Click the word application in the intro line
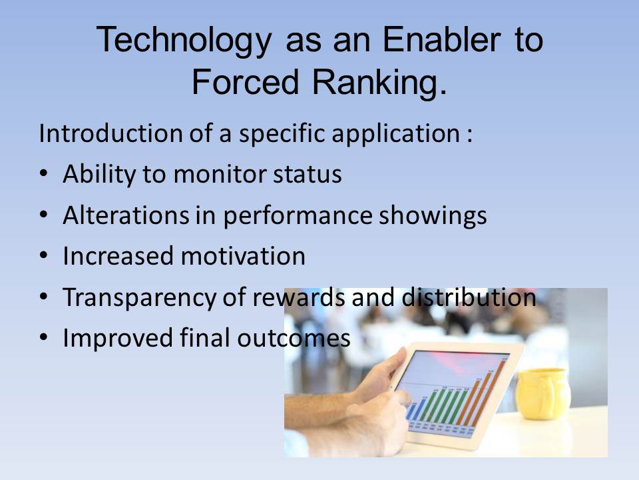[x=395, y=134]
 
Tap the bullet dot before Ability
[x=44, y=173]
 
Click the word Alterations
[x=126, y=215]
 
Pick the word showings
[x=433, y=216]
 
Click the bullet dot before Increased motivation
[x=44, y=255]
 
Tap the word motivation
[x=243, y=256]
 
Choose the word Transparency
[x=139, y=298]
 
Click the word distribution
[x=469, y=297]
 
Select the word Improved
[x=118, y=339]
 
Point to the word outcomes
[x=294, y=339]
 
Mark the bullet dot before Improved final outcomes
[x=44, y=337]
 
